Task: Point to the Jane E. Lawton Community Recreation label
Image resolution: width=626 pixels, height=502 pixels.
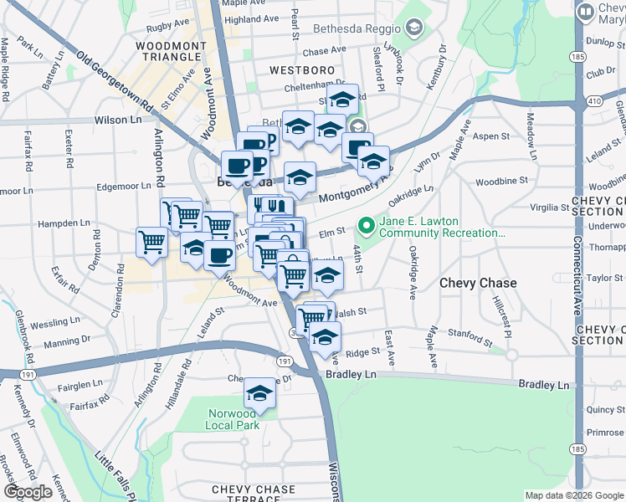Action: tap(441, 227)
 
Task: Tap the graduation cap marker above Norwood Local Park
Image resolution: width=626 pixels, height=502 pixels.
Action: tap(260, 393)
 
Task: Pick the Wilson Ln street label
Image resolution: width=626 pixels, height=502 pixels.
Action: tap(118, 120)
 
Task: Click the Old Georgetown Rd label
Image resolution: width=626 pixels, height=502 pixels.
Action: tap(116, 85)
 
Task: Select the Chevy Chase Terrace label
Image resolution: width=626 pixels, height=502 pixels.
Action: tap(254, 494)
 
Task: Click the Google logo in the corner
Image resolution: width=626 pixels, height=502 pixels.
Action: tap(28, 491)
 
